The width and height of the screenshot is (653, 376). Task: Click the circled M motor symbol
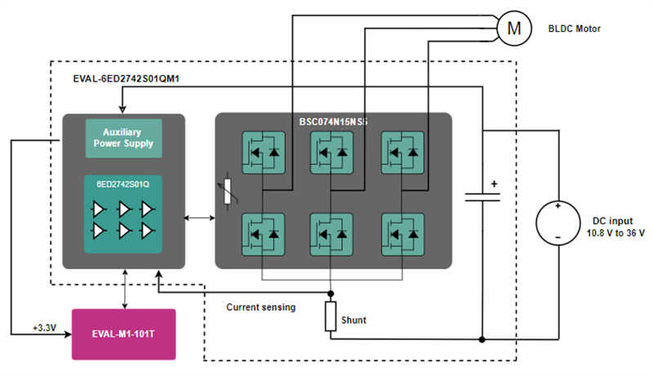513,27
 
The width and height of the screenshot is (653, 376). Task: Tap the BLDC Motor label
574,29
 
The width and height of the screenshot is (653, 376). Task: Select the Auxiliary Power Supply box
123,138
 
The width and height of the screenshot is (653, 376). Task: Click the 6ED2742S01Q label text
123,184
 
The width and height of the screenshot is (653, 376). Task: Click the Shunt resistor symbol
331,316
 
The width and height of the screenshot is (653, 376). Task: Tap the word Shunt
353,320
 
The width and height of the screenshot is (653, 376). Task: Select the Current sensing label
261,307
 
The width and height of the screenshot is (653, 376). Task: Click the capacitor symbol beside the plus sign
483,197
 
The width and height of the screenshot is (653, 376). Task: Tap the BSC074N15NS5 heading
333,121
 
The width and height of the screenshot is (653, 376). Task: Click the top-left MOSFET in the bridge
262,152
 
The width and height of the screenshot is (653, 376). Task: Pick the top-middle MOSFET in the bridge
332,152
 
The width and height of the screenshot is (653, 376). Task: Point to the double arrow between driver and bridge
198,218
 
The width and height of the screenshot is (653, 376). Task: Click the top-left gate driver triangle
100,209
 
